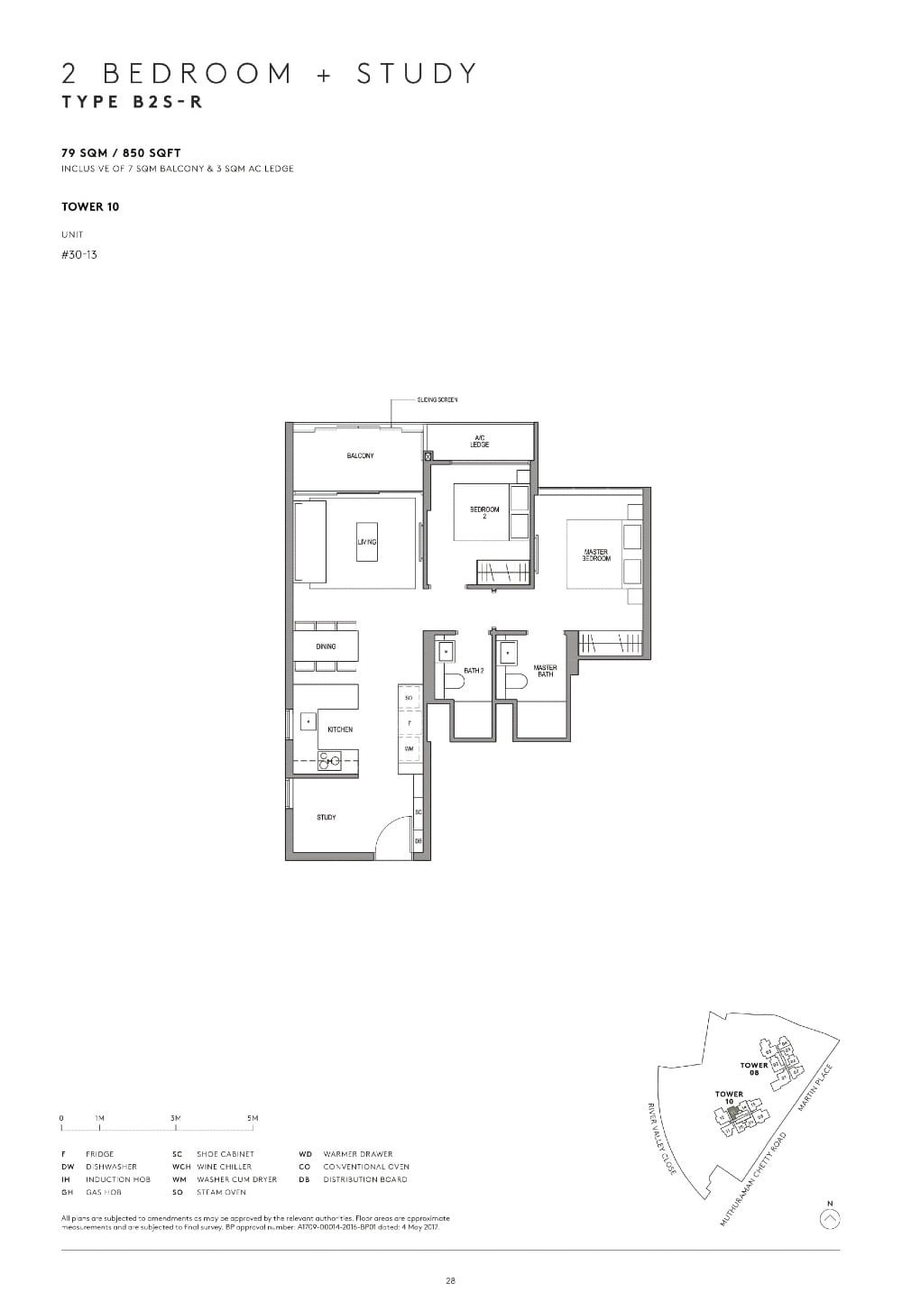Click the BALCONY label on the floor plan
(x=360, y=456)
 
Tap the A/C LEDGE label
(x=480, y=442)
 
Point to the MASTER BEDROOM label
(x=596, y=555)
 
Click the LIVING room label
(x=366, y=542)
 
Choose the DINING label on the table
(x=326, y=646)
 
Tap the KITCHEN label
(x=340, y=729)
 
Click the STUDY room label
(x=327, y=817)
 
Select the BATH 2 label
(x=474, y=671)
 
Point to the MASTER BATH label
(x=545, y=671)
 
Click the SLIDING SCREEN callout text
(x=437, y=399)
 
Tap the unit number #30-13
(x=79, y=255)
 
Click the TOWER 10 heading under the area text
(x=90, y=206)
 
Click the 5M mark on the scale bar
(x=253, y=1118)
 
